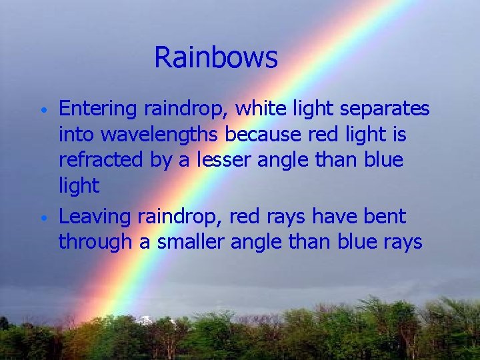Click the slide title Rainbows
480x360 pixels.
[x=215, y=58]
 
